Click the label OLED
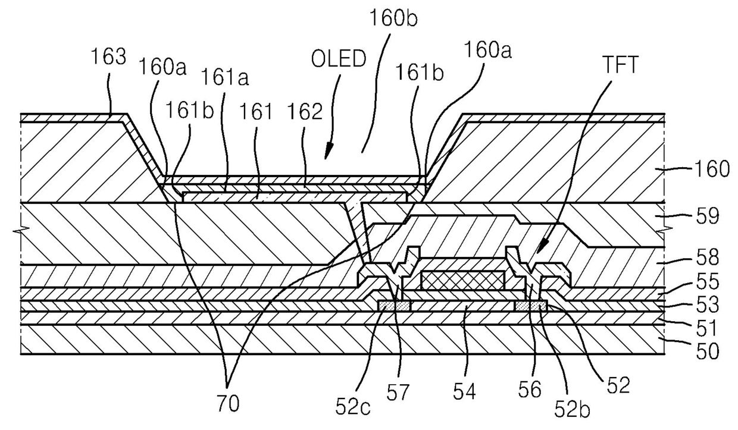pyautogui.click(x=339, y=59)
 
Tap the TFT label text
pyautogui.click(x=620, y=65)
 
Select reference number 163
pyautogui.click(x=108, y=57)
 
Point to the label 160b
pyautogui.click(x=393, y=18)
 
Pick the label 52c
pyautogui.click(x=353, y=407)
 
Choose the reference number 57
pyautogui.click(x=398, y=393)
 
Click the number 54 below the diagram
pyautogui.click(x=465, y=392)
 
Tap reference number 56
pyautogui.click(x=530, y=390)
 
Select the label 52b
pyautogui.click(x=572, y=410)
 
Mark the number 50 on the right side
pyautogui.click(x=707, y=351)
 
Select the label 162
pyautogui.click(x=305, y=112)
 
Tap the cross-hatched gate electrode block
pyautogui.click(x=463, y=280)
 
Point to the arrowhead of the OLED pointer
pyautogui.click(x=327, y=154)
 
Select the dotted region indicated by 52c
pyautogui.click(x=394, y=306)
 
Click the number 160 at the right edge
pyautogui.click(x=712, y=170)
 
